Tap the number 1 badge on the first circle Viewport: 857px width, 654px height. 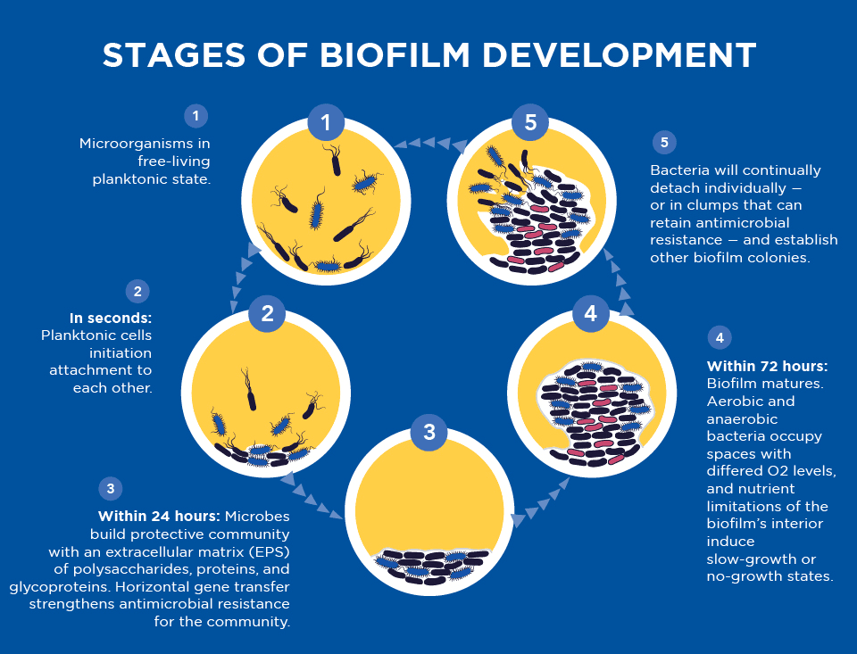coord(326,122)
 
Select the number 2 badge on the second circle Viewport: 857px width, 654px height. coord(267,312)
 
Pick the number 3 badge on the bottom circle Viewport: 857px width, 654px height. coord(429,432)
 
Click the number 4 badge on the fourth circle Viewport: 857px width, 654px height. coord(590,313)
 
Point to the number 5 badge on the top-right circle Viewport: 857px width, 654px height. coord(531,122)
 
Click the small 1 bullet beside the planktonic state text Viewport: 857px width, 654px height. coord(195,115)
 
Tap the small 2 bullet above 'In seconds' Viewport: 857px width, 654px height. coord(137,291)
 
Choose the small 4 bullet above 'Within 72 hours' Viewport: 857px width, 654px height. coord(720,338)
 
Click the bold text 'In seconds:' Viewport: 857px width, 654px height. coord(111,318)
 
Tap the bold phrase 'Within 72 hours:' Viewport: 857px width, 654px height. coord(767,367)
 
